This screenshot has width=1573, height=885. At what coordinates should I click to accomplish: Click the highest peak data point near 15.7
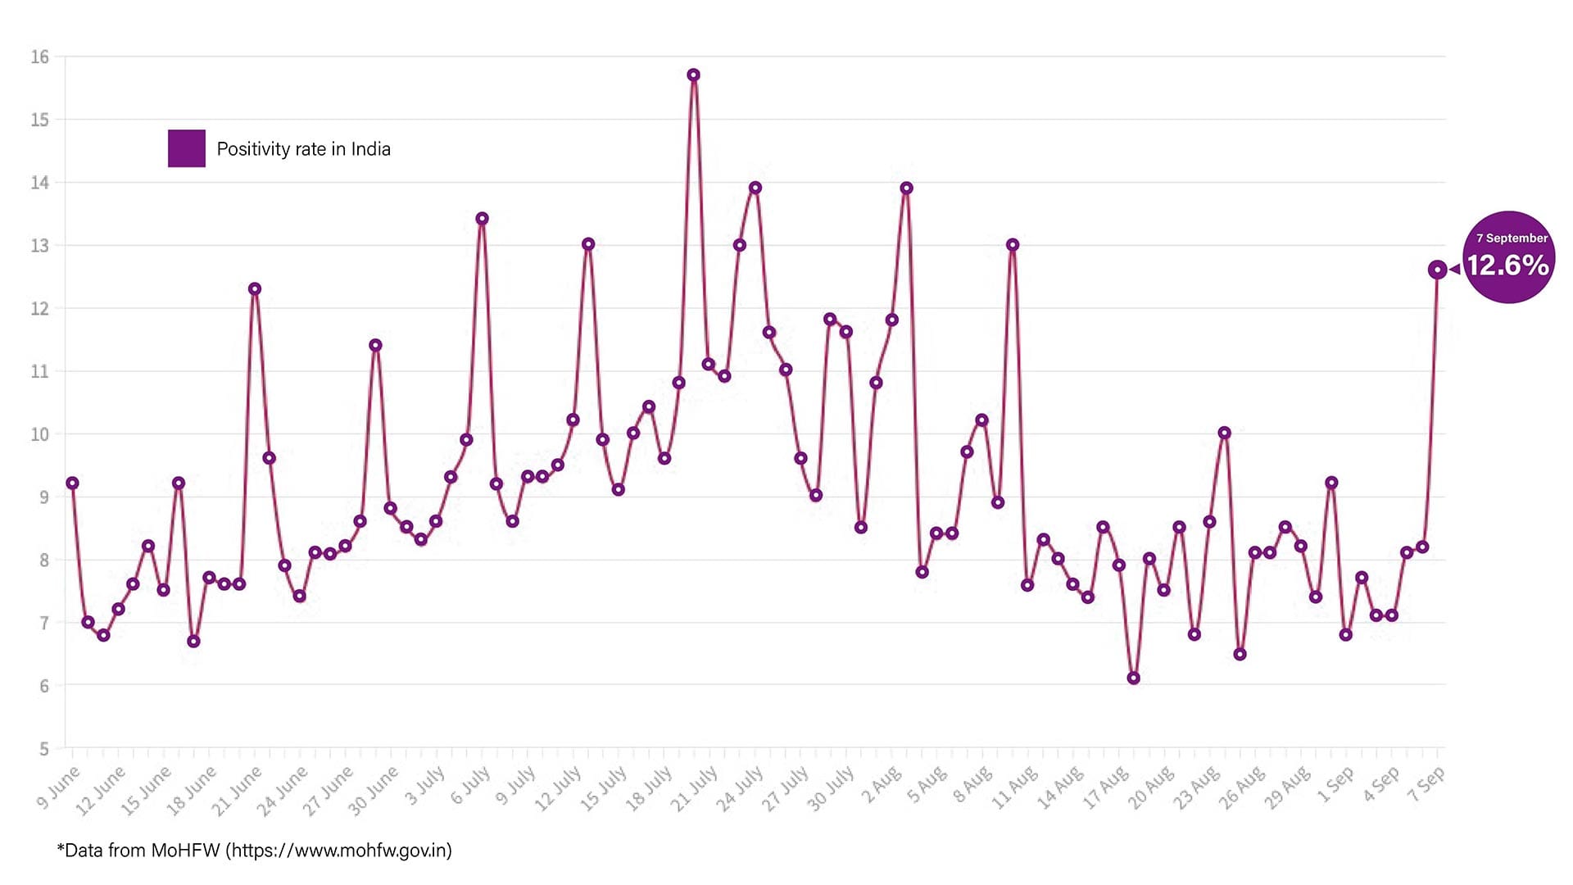(693, 75)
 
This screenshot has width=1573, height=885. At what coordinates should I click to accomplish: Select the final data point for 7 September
(1437, 270)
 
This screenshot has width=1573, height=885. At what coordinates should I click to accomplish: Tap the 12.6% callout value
(1507, 265)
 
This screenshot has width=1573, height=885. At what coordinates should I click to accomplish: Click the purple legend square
(187, 148)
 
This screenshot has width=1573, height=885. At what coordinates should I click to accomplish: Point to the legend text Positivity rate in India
(303, 149)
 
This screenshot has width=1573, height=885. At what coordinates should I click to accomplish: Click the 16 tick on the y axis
(40, 57)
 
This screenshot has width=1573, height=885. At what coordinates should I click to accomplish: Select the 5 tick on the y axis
(44, 748)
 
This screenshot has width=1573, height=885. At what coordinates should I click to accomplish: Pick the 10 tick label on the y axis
(40, 434)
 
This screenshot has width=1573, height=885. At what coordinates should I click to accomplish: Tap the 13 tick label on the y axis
(40, 246)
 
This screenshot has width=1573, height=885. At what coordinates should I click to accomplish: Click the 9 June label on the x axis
(59, 787)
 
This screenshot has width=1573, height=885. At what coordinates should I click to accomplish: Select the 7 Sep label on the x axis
(1426, 785)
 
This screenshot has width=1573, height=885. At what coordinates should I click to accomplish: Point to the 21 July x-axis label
(694, 789)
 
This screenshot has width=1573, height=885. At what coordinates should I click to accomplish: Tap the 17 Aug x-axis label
(1106, 788)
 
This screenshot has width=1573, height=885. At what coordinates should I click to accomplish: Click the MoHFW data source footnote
(254, 851)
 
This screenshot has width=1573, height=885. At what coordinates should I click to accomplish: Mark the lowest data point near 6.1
(1134, 678)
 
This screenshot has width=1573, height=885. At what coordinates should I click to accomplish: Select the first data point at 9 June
(72, 483)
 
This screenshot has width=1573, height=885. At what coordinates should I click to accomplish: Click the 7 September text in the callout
(1512, 238)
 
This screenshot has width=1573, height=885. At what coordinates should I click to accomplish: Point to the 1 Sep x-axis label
(1335, 785)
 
